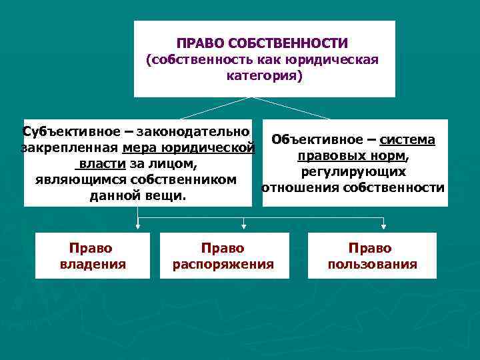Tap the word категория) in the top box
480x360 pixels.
(x=265, y=77)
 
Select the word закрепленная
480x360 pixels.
(x=69, y=147)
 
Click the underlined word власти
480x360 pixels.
(x=99, y=164)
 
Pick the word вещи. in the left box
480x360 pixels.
(x=168, y=197)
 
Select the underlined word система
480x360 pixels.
(x=407, y=140)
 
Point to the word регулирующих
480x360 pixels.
(x=353, y=172)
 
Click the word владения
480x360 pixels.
(x=91, y=265)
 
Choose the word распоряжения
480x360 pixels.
(x=223, y=265)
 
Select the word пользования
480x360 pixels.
(x=372, y=265)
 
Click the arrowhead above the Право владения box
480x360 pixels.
(x=137, y=229)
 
